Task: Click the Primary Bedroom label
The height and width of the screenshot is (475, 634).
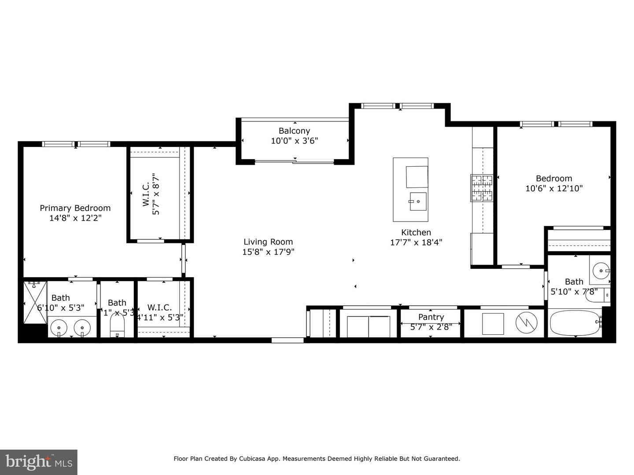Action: click(x=75, y=208)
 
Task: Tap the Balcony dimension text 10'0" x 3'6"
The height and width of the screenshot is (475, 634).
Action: click(x=294, y=141)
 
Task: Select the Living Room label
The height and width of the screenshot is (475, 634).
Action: click(x=268, y=242)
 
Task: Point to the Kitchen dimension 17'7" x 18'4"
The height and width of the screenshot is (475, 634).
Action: click(x=416, y=242)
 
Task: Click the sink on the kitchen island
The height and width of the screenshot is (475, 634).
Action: click(x=417, y=201)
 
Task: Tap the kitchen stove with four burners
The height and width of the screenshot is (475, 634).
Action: click(x=482, y=188)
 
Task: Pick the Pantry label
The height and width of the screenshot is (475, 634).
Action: click(x=431, y=317)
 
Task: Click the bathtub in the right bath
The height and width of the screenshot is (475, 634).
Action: click(x=575, y=323)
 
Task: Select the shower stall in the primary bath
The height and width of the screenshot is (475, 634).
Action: click(x=35, y=303)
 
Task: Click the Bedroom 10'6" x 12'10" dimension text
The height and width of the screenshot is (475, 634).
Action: click(x=554, y=189)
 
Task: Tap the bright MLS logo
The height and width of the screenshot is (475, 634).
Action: click(x=39, y=462)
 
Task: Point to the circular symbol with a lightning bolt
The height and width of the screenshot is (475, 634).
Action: click(x=527, y=324)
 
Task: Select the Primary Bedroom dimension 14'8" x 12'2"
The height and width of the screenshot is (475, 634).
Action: click(x=75, y=218)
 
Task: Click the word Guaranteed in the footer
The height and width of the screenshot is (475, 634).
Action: click(x=440, y=459)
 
